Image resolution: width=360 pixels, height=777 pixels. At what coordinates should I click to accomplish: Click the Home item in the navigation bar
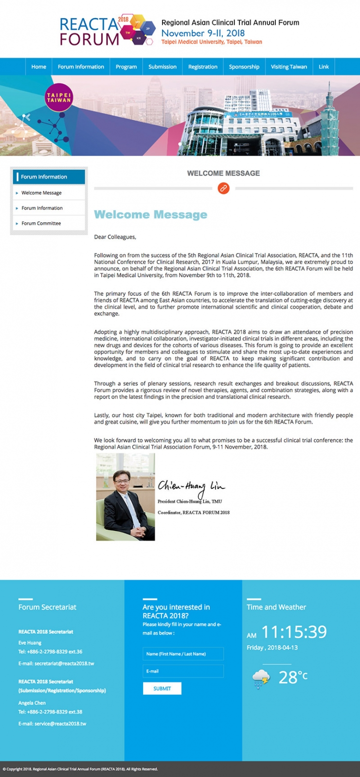pyautogui.click(x=38, y=67)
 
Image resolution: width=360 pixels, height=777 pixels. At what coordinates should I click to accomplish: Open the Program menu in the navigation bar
pyautogui.click(x=126, y=67)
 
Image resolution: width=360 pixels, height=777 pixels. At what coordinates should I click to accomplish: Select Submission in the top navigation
pyautogui.click(x=162, y=67)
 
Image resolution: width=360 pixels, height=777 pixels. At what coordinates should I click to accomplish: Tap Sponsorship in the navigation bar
pyautogui.click(x=244, y=67)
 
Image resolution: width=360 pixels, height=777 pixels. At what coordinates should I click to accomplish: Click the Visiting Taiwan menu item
pyautogui.click(x=289, y=67)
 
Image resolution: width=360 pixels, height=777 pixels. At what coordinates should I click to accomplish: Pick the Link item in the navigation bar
pyautogui.click(x=324, y=67)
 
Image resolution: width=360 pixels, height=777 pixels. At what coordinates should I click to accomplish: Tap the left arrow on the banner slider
pyautogui.click(x=27, y=117)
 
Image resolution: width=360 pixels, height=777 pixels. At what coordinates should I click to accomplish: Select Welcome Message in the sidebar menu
pyautogui.click(x=41, y=193)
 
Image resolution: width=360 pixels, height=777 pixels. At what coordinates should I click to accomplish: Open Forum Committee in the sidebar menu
pyautogui.click(x=41, y=223)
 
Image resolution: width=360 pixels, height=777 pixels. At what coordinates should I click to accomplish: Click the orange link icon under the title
pyautogui.click(x=223, y=188)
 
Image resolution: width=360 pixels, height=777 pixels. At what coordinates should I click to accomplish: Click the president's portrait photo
pyautogui.click(x=126, y=497)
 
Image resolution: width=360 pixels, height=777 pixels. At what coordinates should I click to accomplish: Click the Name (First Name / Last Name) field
pyautogui.click(x=183, y=654)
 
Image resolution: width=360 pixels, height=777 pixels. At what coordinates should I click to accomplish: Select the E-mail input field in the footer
pyautogui.click(x=183, y=671)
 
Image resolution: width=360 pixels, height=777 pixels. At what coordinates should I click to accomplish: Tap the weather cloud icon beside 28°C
pyautogui.click(x=261, y=678)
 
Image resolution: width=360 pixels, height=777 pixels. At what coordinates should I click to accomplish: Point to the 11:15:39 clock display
pyautogui.click(x=294, y=632)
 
